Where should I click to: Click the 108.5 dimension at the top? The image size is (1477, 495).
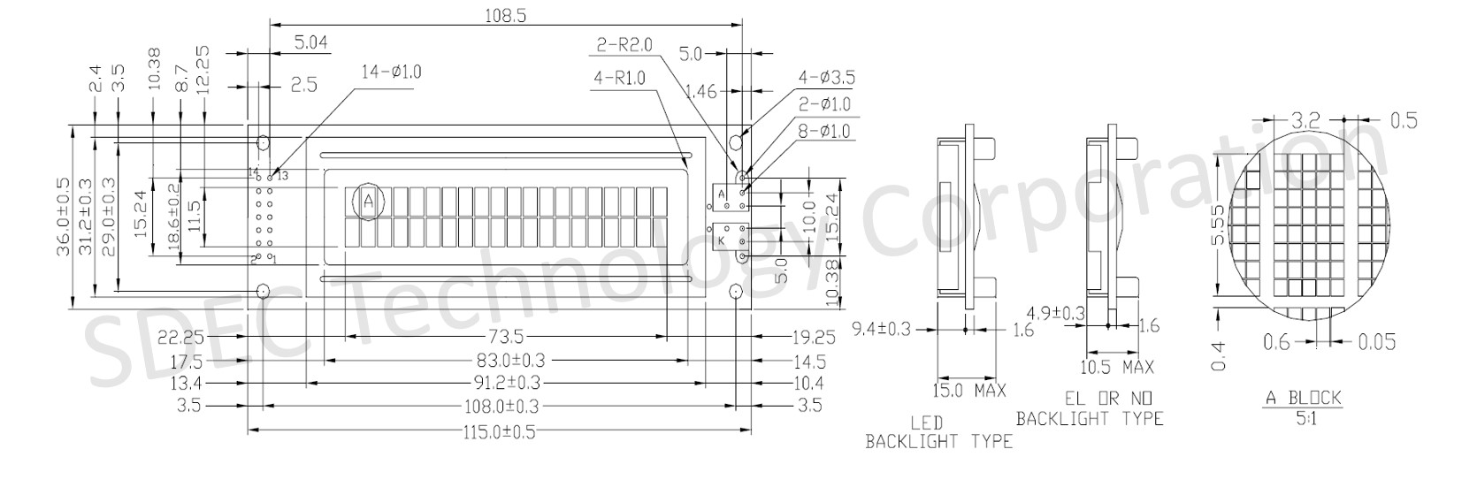pos(506,15)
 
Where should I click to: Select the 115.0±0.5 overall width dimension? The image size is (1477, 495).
pos(499,432)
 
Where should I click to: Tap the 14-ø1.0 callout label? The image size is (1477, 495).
pos(391,72)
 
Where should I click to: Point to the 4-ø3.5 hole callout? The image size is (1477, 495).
pos(826,78)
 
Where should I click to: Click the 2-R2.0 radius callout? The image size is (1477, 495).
pos(624,45)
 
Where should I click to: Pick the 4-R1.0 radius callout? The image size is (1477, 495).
pos(619,79)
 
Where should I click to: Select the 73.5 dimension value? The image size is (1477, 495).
pos(506,337)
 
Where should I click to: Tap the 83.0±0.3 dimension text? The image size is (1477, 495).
pos(501,362)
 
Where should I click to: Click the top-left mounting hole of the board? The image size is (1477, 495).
pos(263,142)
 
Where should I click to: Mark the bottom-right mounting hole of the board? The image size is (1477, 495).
pos(735,292)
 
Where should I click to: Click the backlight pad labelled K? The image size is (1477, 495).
pos(722,240)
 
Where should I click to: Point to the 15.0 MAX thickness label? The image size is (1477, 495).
pos(968,391)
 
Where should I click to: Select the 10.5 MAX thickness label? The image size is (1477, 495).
pos(1117,367)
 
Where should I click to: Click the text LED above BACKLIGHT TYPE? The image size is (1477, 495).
pos(926,423)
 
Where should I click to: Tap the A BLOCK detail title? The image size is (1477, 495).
pos(1304,398)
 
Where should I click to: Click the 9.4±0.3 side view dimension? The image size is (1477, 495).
pos(882,328)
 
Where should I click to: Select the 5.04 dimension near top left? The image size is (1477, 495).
pos(310,43)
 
